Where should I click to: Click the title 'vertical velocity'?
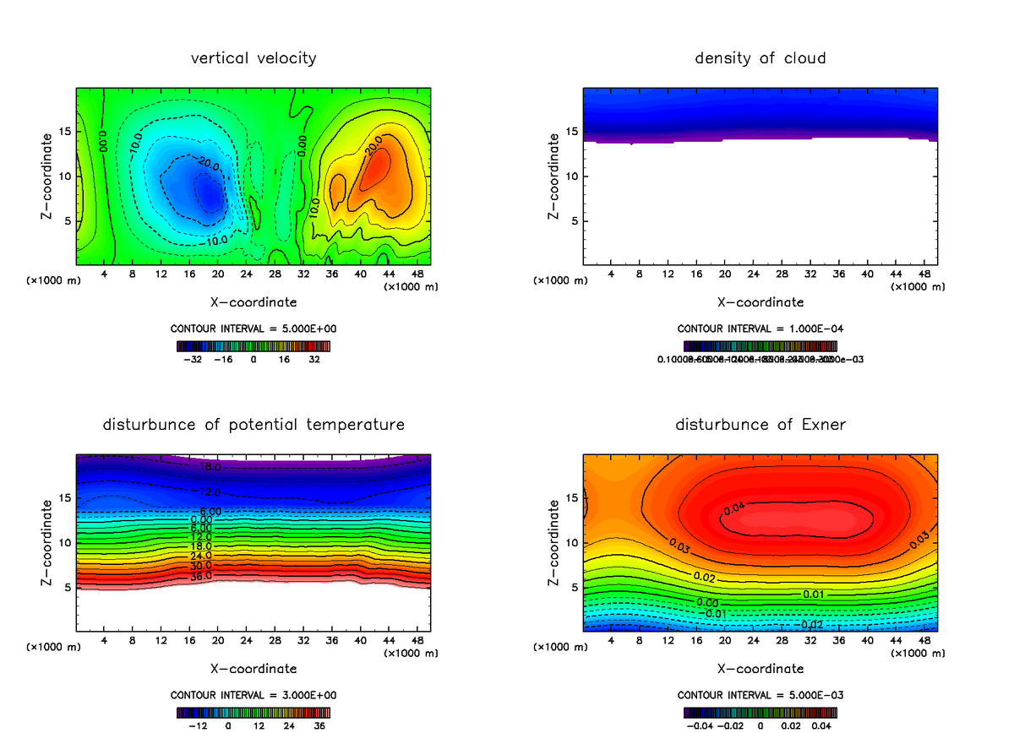(x=253, y=58)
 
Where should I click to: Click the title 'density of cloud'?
(x=760, y=58)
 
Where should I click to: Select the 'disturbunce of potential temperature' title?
(x=253, y=424)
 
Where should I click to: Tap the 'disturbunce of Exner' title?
(x=760, y=424)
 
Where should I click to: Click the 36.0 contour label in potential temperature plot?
(x=201, y=577)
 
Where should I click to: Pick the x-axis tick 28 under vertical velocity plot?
(x=275, y=274)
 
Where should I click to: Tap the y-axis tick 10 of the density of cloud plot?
(x=570, y=176)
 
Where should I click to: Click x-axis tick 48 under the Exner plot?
(x=924, y=641)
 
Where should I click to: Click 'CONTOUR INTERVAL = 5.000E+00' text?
(x=253, y=328)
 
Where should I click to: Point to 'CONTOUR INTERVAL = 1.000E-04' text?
(x=760, y=328)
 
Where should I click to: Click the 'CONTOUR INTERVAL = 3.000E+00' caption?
(x=253, y=695)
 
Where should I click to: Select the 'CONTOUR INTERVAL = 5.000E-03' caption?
(x=760, y=695)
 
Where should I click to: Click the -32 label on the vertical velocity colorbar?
(x=196, y=359)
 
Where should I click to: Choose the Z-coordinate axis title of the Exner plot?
(x=554, y=543)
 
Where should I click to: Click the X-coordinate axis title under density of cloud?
(x=760, y=301)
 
